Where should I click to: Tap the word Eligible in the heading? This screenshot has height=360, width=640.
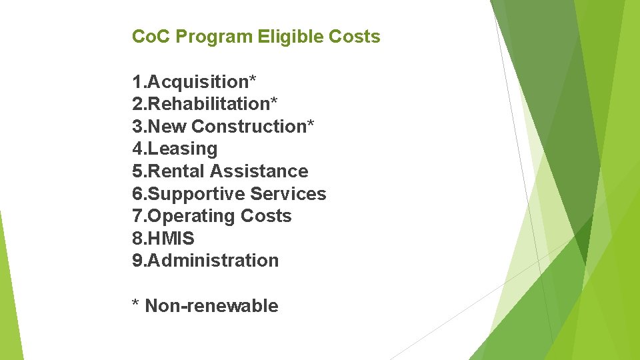[290, 37]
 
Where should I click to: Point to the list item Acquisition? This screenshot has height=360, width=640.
[197, 82]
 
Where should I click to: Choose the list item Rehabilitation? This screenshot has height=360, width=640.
[207, 104]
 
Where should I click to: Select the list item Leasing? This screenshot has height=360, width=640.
[182, 149]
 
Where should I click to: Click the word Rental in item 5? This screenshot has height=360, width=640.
[176, 171]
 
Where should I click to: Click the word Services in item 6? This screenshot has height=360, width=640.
[288, 194]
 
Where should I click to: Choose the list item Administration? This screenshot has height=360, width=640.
[213, 261]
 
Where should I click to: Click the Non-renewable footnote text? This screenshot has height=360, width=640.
[211, 306]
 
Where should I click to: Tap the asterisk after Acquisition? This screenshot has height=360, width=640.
[253, 79]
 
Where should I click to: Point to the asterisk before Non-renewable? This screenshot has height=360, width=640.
[135, 304]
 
